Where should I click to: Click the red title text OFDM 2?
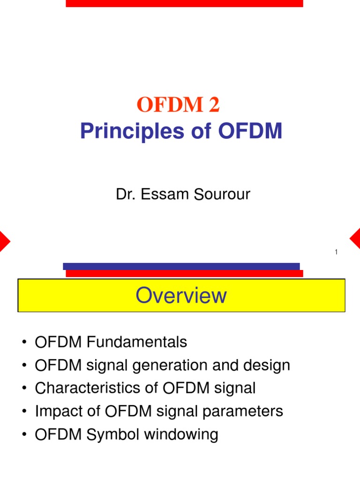tap(178, 106)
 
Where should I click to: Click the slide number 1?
tap(336, 253)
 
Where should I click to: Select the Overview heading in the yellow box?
tap(181, 296)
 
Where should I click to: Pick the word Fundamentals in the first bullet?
tap(137, 342)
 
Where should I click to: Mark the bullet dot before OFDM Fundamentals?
tap(24, 343)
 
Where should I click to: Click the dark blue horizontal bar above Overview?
tap(181, 266)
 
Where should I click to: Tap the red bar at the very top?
tap(184, 3)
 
